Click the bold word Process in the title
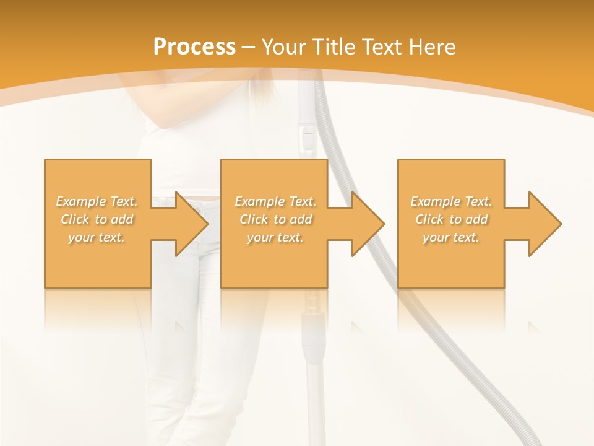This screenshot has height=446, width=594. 194,47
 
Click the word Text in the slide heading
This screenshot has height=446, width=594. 383,47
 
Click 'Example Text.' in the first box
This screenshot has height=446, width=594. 97,201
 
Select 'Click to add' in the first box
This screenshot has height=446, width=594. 97,219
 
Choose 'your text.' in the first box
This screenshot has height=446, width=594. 97,237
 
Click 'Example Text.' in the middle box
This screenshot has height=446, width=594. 275,201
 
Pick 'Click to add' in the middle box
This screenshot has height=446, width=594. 275,219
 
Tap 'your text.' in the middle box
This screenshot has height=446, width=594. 275,237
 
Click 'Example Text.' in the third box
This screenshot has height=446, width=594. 451,201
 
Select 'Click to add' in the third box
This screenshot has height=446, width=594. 451,219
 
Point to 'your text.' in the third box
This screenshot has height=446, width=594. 451,237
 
